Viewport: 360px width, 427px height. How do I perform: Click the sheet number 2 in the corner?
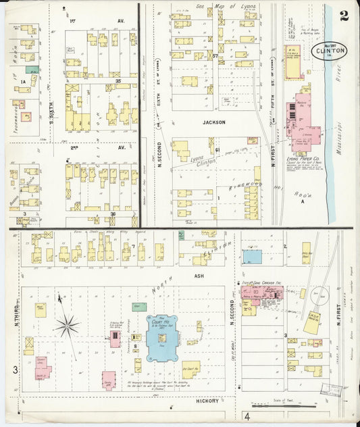click(344, 16)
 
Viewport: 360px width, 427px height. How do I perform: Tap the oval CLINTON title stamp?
click(330, 51)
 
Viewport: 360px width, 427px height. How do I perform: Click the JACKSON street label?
click(213, 122)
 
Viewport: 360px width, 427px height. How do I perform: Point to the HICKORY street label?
click(207, 401)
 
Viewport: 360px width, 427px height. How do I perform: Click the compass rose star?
click(67, 326)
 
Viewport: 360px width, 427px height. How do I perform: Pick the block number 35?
click(118, 81)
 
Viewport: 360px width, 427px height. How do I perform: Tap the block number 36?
click(113, 214)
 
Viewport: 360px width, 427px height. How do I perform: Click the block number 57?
click(215, 55)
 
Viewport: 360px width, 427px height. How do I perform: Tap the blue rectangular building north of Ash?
click(252, 257)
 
